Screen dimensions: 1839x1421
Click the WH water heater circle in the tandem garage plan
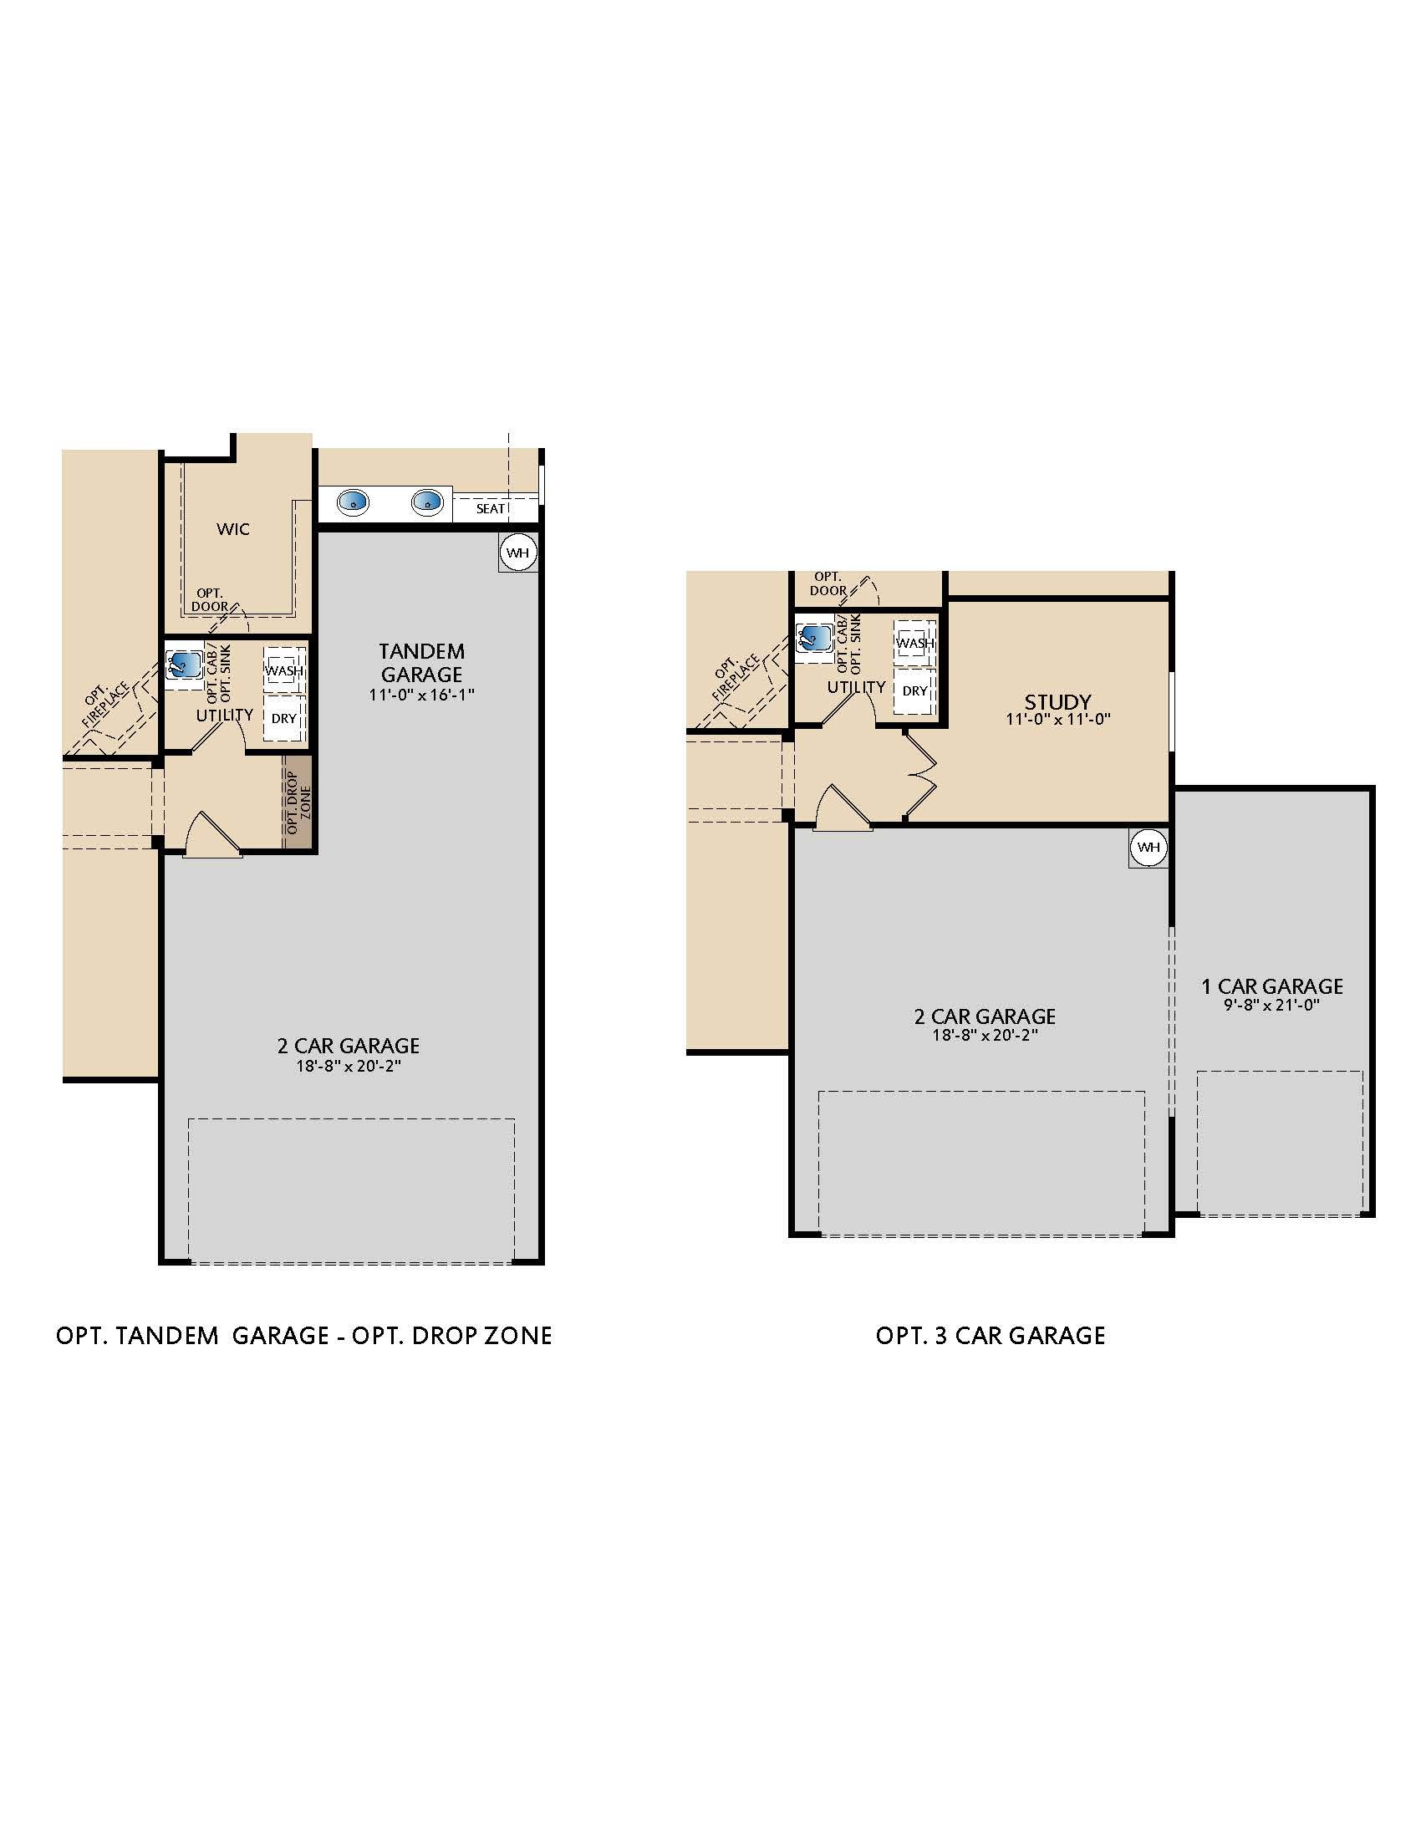(517, 553)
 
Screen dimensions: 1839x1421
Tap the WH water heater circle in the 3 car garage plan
(1149, 847)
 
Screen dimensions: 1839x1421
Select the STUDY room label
(1057, 701)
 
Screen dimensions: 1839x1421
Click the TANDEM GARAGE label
(421, 663)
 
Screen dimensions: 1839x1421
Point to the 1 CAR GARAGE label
(1271, 986)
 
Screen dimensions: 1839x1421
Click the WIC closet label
(233, 529)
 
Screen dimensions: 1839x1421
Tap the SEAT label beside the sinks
(491, 508)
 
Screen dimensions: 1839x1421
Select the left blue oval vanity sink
(353, 502)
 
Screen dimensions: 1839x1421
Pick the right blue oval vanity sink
(428, 502)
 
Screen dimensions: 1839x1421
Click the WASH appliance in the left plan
(284, 670)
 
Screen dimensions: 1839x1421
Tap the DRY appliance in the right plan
(915, 691)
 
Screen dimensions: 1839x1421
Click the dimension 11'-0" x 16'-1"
(422, 695)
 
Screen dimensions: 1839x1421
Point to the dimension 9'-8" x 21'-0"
(1271, 1005)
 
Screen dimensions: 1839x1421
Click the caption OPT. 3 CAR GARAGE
(990, 1336)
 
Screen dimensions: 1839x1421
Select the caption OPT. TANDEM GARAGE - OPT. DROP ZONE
(303, 1336)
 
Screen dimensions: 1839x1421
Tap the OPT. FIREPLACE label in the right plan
(734, 677)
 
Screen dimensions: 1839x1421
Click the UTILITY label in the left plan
(225, 715)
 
